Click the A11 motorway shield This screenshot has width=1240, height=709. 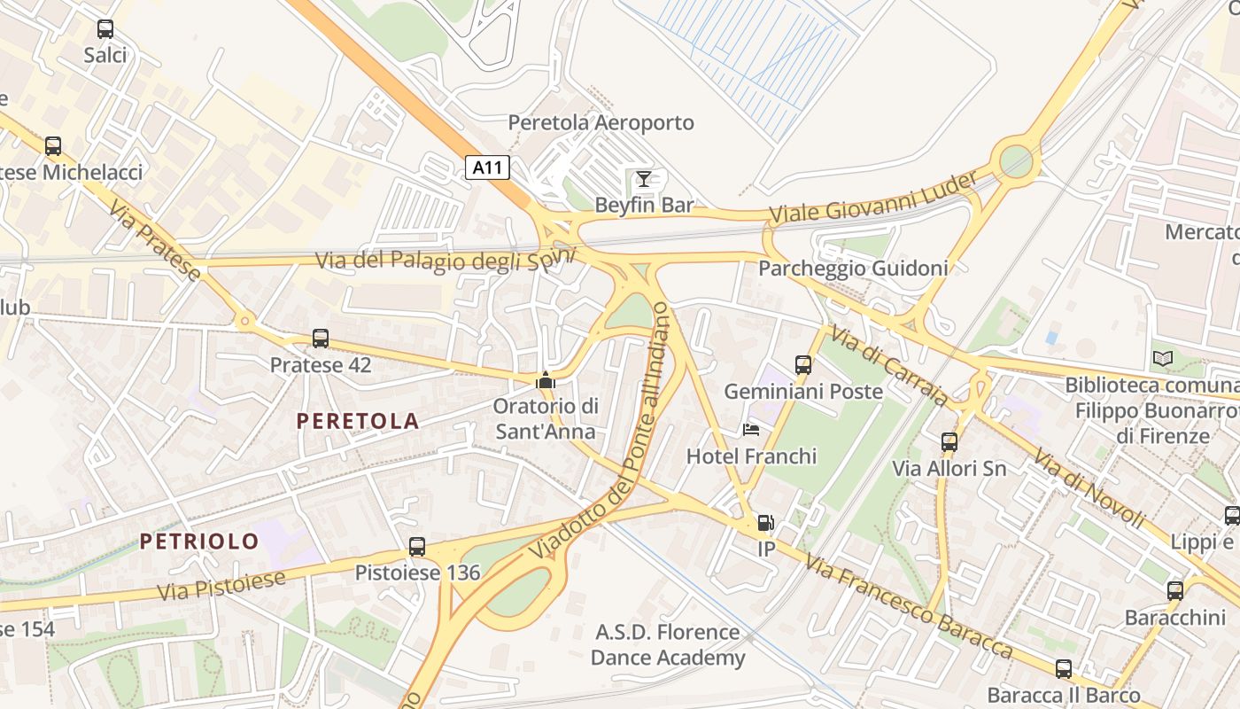click(x=487, y=168)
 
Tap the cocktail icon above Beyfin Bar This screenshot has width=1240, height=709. click(x=644, y=179)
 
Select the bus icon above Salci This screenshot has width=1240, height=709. click(x=105, y=29)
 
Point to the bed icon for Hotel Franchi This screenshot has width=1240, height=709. click(x=751, y=430)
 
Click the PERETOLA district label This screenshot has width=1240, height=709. click(x=358, y=421)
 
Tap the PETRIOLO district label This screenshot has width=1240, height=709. click(x=199, y=541)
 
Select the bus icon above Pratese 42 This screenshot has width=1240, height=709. click(x=321, y=339)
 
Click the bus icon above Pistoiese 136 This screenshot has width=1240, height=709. click(x=417, y=547)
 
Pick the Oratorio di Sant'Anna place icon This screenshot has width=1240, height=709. click(x=546, y=381)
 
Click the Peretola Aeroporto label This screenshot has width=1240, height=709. click(x=601, y=122)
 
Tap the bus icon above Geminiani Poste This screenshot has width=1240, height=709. click(x=803, y=364)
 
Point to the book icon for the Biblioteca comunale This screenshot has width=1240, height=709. click(x=1163, y=359)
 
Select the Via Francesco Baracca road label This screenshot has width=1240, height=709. click(x=909, y=608)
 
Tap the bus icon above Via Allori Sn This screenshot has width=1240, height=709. click(x=949, y=441)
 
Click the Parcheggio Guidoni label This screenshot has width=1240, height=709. click(x=854, y=268)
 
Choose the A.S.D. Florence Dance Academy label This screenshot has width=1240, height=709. click(x=668, y=644)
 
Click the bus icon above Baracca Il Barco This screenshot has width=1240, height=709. click(x=1064, y=669)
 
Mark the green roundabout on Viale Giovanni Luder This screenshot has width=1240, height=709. click(x=1016, y=161)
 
